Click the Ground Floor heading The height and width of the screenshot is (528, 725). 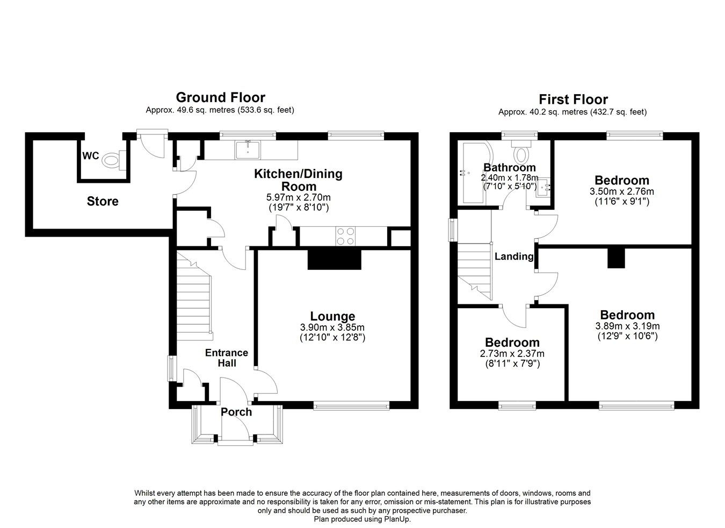point(220,97)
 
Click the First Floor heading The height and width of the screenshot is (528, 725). point(573,99)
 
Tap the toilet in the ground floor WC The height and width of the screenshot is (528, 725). point(111,159)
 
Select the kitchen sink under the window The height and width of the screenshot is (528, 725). point(247,149)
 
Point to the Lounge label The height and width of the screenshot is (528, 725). point(332,317)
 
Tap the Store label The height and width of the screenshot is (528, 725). point(103,202)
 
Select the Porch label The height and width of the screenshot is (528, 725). point(236,412)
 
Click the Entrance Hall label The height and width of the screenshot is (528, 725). point(226,358)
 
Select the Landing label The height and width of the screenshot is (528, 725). point(514,256)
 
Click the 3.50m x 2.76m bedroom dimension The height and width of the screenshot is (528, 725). point(622,191)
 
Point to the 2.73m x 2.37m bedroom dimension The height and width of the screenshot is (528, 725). point(512,354)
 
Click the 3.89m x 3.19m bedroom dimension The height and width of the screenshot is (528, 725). point(627,326)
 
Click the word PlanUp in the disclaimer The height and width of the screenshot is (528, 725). point(397,519)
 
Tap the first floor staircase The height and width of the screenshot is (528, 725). point(475,272)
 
